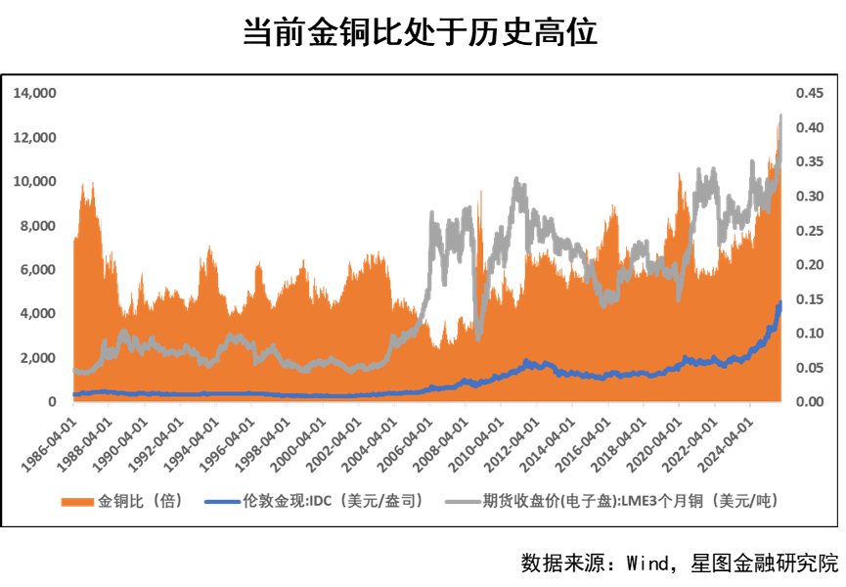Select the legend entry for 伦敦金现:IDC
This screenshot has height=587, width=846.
click(333, 501)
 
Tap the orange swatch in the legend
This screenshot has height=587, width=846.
click(77, 501)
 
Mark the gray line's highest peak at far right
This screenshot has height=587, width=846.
click(781, 115)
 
